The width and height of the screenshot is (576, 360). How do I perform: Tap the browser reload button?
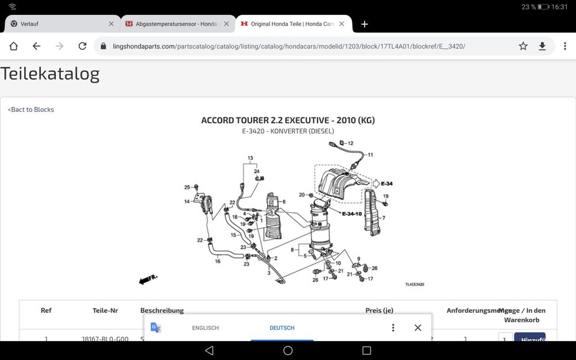click(x=82, y=46)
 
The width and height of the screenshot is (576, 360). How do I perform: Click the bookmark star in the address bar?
click(x=523, y=46)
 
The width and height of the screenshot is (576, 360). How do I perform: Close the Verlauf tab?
click(x=111, y=24)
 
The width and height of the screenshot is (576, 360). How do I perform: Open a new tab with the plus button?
click(x=364, y=24)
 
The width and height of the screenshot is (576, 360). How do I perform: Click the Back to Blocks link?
click(x=31, y=109)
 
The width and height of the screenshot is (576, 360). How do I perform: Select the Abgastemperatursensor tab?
click(x=173, y=24)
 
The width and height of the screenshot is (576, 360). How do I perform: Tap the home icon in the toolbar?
click(x=13, y=46)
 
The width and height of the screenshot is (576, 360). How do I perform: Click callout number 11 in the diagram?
click(x=370, y=154)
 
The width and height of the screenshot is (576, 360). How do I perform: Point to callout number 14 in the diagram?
click(x=187, y=202)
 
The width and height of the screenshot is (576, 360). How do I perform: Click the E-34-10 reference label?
click(x=351, y=214)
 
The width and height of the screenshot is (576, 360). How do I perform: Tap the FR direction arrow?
click(x=148, y=279)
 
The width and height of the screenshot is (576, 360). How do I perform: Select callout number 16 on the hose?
click(x=218, y=261)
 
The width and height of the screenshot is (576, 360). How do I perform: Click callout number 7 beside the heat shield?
click(x=383, y=218)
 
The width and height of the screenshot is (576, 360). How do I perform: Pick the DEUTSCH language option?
click(x=282, y=328)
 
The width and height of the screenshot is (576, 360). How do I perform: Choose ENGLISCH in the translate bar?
click(x=205, y=328)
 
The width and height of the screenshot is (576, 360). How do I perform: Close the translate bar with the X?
click(x=418, y=328)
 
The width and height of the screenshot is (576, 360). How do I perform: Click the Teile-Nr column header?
click(x=105, y=310)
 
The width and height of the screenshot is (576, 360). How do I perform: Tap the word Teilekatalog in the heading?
click(x=50, y=74)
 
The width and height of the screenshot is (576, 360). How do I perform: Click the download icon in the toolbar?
click(x=542, y=46)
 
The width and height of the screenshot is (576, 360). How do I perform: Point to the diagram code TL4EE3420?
click(x=415, y=285)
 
